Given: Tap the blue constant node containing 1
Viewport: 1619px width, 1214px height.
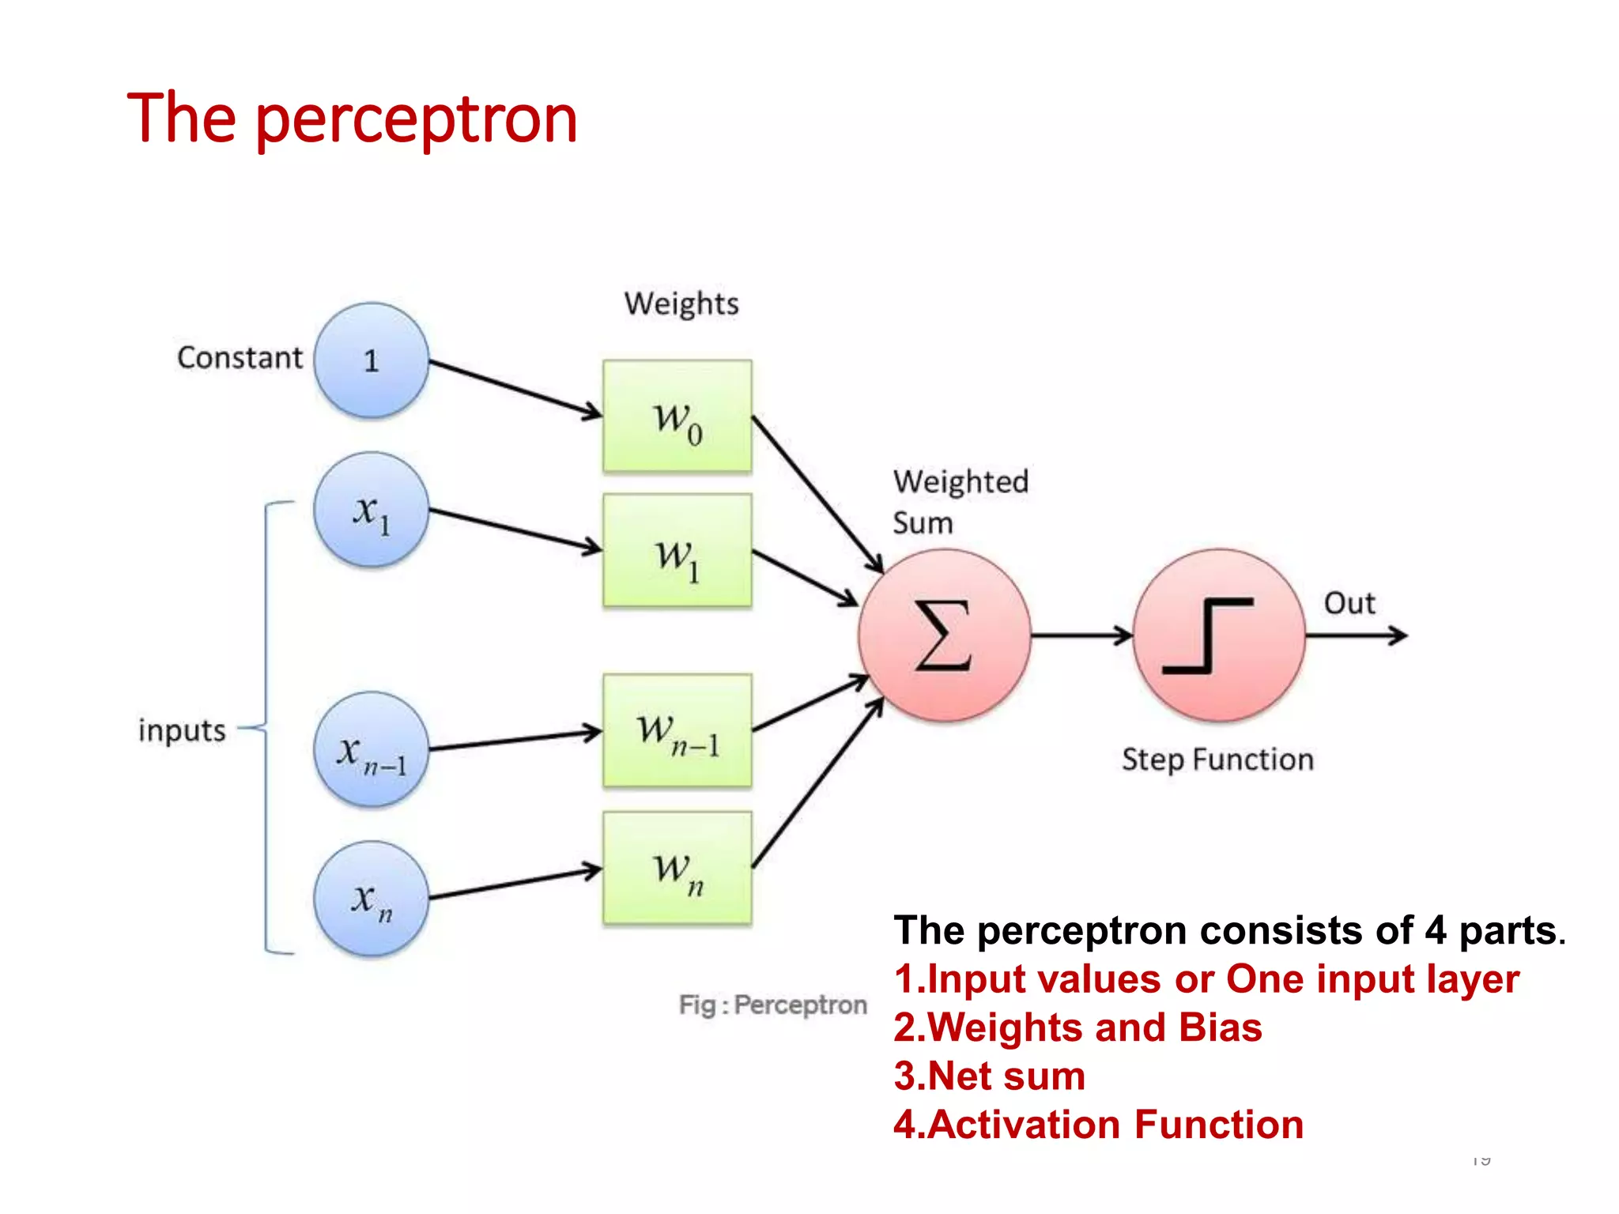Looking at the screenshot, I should (371, 360).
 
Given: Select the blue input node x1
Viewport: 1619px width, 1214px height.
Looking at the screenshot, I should (371, 510).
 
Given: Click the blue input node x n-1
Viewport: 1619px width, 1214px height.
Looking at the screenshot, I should (371, 749).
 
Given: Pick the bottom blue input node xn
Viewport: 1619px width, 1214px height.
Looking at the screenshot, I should (371, 899).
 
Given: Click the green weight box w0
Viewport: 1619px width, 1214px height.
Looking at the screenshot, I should (677, 417).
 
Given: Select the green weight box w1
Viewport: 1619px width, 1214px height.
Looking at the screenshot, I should (677, 551).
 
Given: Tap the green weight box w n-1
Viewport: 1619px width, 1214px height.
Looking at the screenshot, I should (677, 730).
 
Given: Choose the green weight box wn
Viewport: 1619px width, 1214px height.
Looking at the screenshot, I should (677, 868).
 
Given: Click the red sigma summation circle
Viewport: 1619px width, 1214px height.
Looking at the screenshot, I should (944, 635).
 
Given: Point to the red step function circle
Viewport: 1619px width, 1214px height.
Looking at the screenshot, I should (1218, 635).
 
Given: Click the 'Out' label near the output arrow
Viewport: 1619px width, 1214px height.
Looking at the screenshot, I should (1349, 604).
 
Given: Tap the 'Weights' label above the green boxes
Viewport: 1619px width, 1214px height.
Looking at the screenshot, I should (681, 304).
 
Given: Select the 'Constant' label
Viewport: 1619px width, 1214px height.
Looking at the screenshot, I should (240, 358).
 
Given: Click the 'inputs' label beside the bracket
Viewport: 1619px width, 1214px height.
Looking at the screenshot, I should (182, 730).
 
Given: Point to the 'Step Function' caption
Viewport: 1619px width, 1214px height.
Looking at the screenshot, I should (1217, 760).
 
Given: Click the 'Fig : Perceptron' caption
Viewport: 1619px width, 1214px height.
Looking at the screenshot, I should (772, 1005).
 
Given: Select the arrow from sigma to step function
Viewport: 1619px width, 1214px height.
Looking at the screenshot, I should (1081, 635).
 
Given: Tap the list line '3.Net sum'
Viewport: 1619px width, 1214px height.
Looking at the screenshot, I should (989, 1076).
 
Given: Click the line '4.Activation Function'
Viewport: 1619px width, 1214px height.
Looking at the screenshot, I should (1098, 1125).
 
